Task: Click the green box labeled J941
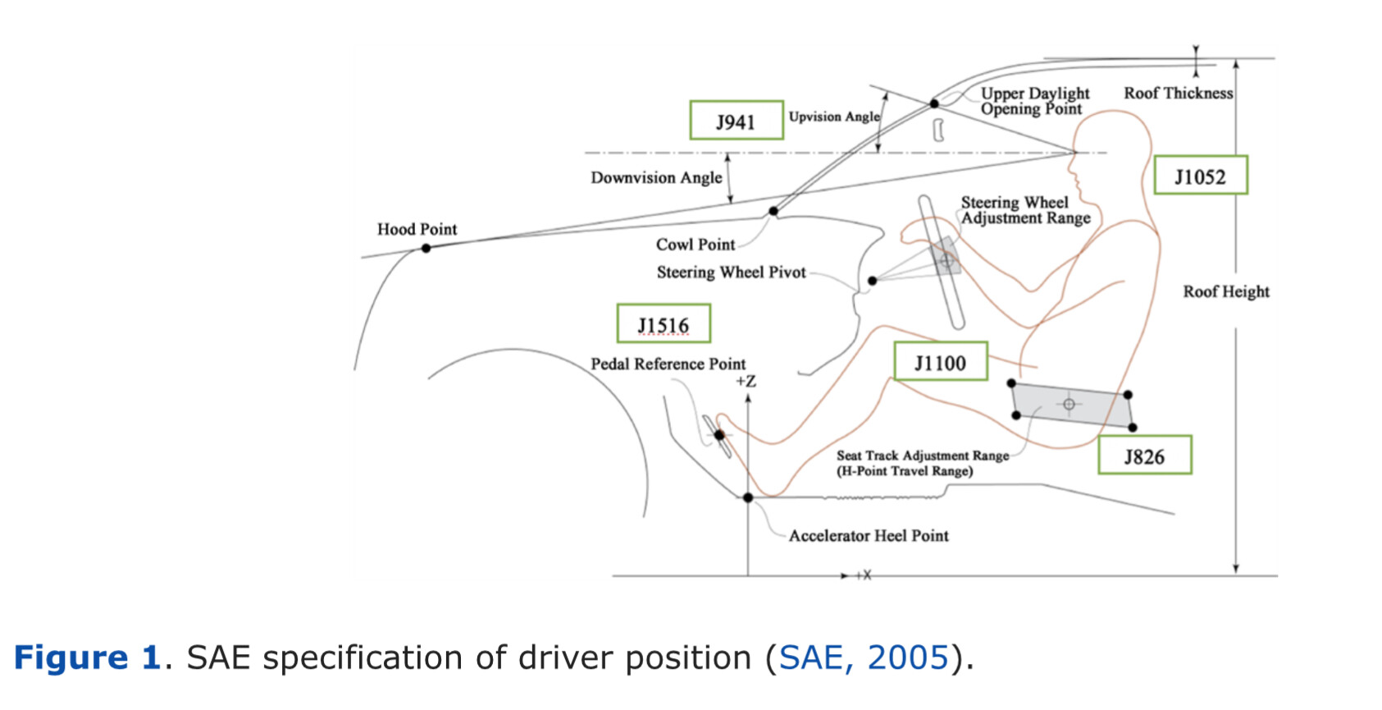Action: (x=737, y=120)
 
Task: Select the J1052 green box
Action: (x=1201, y=175)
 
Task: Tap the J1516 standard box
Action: (x=664, y=323)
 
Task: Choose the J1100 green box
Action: (x=941, y=361)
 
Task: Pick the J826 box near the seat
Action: (x=1145, y=455)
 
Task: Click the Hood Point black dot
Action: (x=426, y=248)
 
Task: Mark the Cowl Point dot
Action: (x=773, y=211)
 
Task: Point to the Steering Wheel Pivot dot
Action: (x=873, y=281)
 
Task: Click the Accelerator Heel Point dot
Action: (x=748, y=497)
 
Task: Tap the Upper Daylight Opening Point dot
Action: (x=935, y=103)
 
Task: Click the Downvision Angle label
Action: (x=656, y=178)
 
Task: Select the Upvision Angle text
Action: (x=834, y=117)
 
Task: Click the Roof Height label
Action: (x=1226, y=291)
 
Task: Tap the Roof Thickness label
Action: (x=1179, y=94)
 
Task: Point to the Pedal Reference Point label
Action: (x=668, y=364)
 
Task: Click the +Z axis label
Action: (x=746, y=382)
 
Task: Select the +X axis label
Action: (x=864, y=575)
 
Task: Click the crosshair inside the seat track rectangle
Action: (x=1070, y=405)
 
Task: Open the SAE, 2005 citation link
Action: (x=863, y=657)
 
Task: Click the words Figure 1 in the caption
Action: (x=87, y=657)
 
